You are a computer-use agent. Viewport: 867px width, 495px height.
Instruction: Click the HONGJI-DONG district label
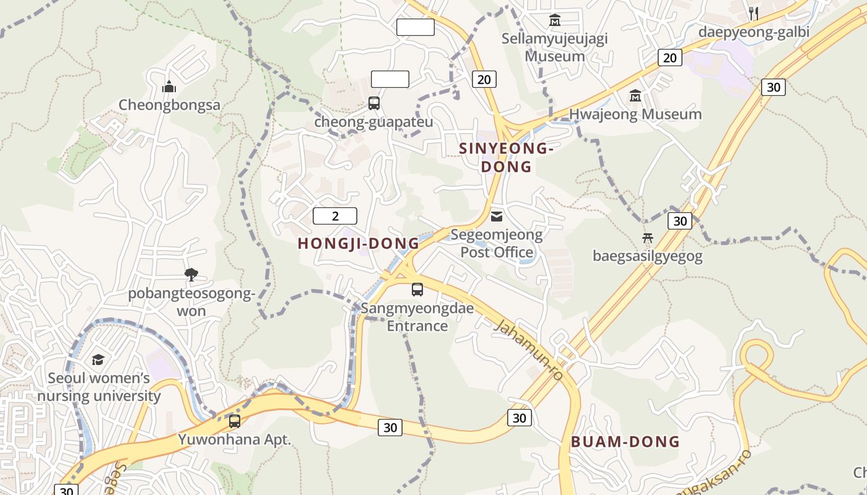(359, 243)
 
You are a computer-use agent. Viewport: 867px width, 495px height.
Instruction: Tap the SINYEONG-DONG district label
(506, 157)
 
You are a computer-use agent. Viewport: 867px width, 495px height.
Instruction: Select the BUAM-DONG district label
(625, 442)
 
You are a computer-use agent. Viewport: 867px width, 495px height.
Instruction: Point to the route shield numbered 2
(335, 216)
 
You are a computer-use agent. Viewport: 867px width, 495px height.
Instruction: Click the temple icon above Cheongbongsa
(169, 87)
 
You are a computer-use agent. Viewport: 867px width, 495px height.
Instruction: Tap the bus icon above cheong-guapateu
(374, 103)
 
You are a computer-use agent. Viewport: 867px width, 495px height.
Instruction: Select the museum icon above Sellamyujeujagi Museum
(554, 20)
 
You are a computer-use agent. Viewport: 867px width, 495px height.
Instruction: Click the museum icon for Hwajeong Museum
(635, 96)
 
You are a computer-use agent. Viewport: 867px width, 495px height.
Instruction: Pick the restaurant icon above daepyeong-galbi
(754, 13)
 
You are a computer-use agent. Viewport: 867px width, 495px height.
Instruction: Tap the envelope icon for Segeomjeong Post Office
(497, 216)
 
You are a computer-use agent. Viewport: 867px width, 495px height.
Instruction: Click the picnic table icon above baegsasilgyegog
(648, 238)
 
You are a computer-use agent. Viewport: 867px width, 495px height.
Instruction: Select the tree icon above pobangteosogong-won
(191, 275)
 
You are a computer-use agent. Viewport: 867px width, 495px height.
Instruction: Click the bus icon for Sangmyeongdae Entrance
(417, 289)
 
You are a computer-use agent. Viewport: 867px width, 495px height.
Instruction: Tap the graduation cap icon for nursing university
(98, 359)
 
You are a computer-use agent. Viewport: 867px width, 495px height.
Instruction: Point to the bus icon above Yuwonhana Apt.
(235, 421)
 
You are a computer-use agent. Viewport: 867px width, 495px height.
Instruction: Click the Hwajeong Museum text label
(635, 114)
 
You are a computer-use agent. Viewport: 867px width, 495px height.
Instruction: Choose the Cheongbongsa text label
(169, 105)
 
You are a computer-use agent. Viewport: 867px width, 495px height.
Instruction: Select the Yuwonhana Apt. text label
(235, 440)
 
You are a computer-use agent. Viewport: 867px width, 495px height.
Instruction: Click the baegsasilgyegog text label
(648, 256)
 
